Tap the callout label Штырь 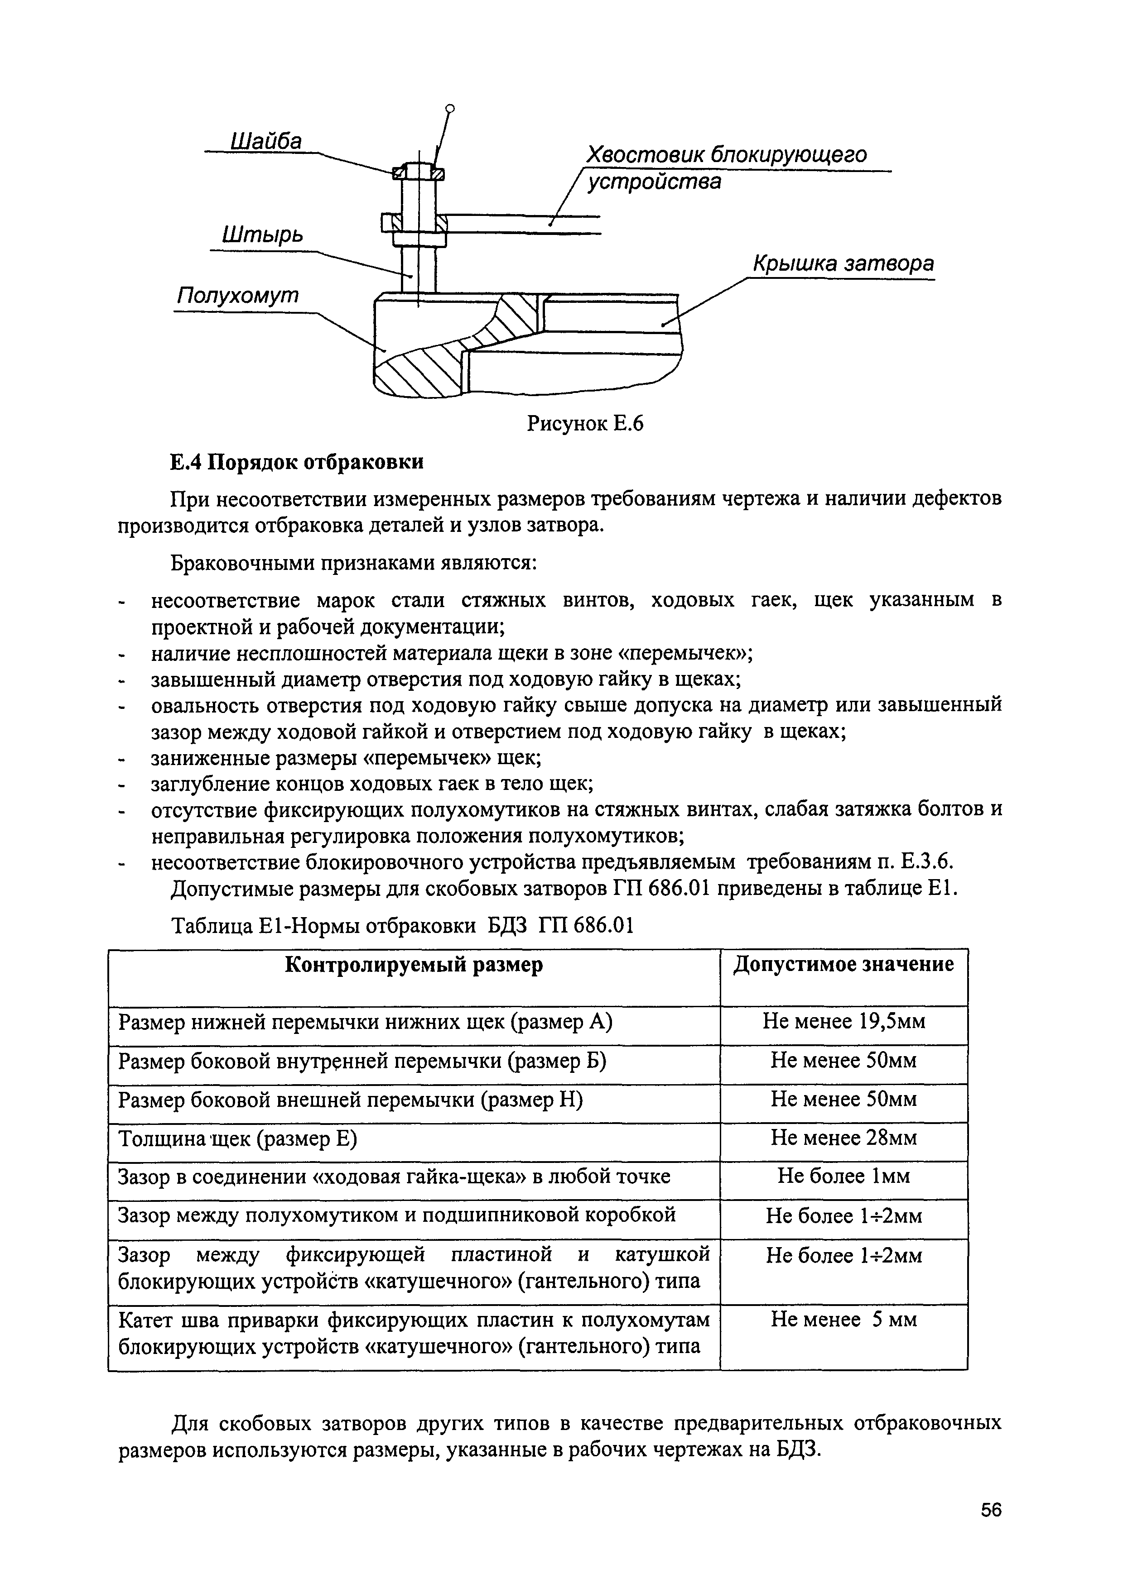tap(262, 234)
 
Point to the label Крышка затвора tap(843, 263)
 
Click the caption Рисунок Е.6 tap(585, 423)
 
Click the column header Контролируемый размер tap(414, 965)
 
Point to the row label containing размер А tap(365, 1022)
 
